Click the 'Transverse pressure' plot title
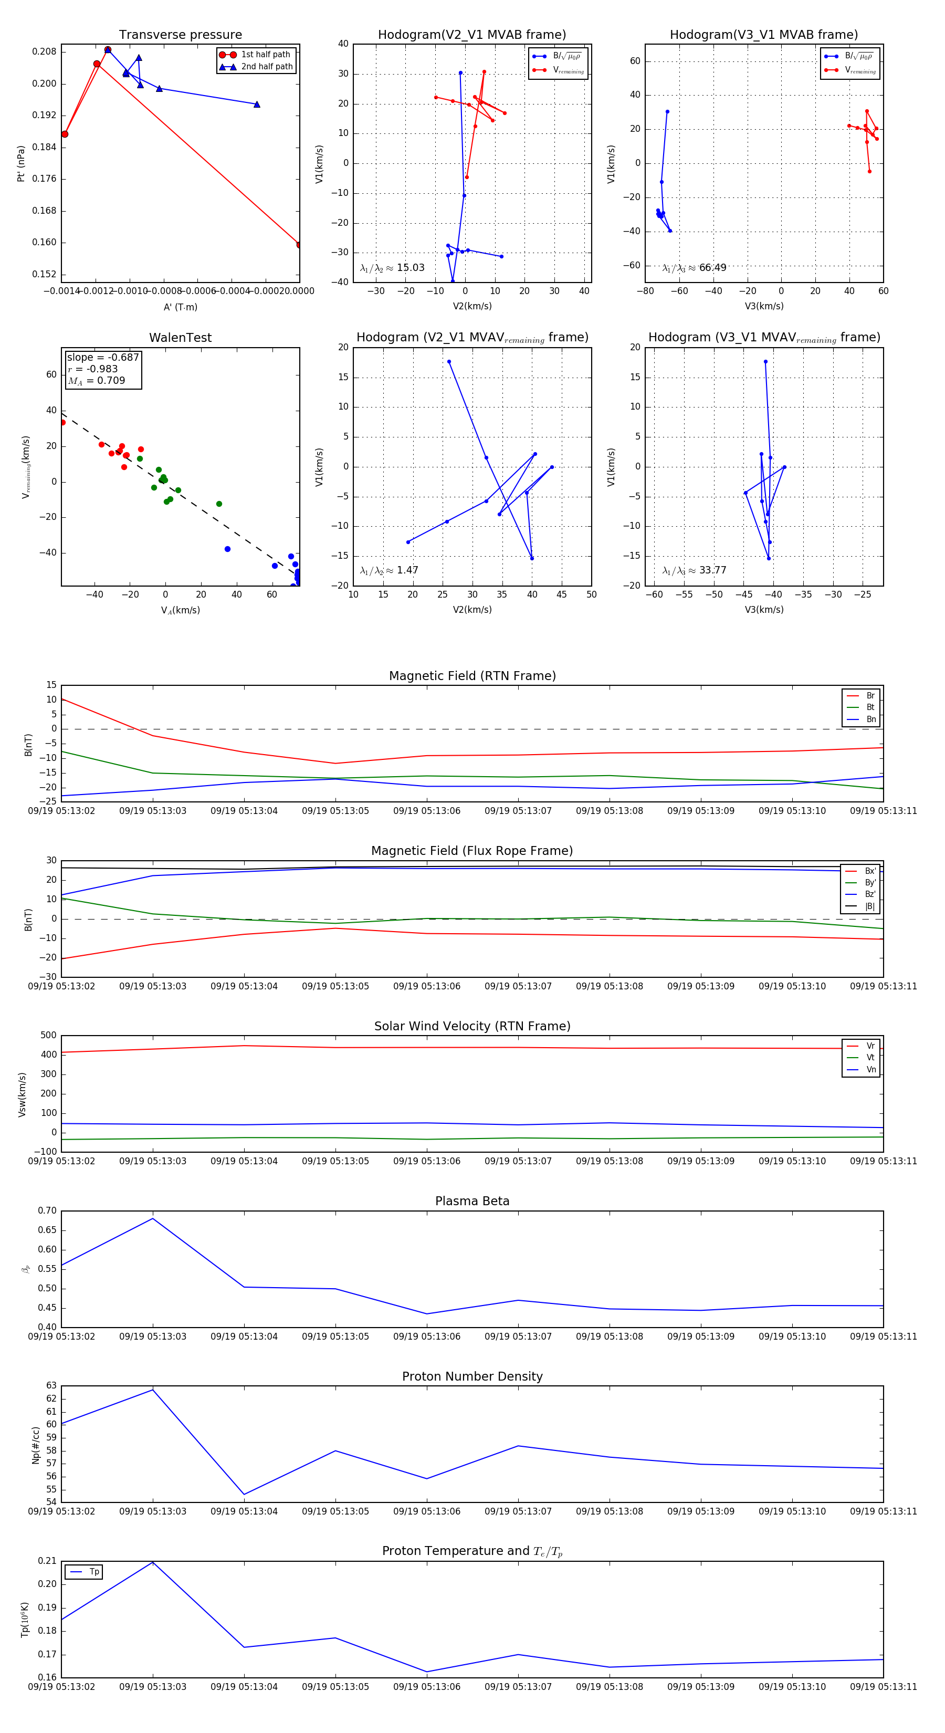[180, 35]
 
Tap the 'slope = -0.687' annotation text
[103, 357]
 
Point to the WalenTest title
[180, 338]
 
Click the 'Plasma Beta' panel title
[472, 1201]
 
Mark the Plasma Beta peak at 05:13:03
[153, 1218]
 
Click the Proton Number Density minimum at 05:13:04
[244, 1494]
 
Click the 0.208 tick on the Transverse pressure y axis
[45, 52]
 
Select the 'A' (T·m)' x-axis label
[180, 307]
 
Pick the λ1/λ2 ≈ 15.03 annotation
[392, 268]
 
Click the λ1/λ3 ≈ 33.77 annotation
[694, 570]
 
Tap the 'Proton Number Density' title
[472, 1376]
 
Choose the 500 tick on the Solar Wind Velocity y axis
[48, 1036]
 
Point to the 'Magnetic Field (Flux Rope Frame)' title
[472, 851]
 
